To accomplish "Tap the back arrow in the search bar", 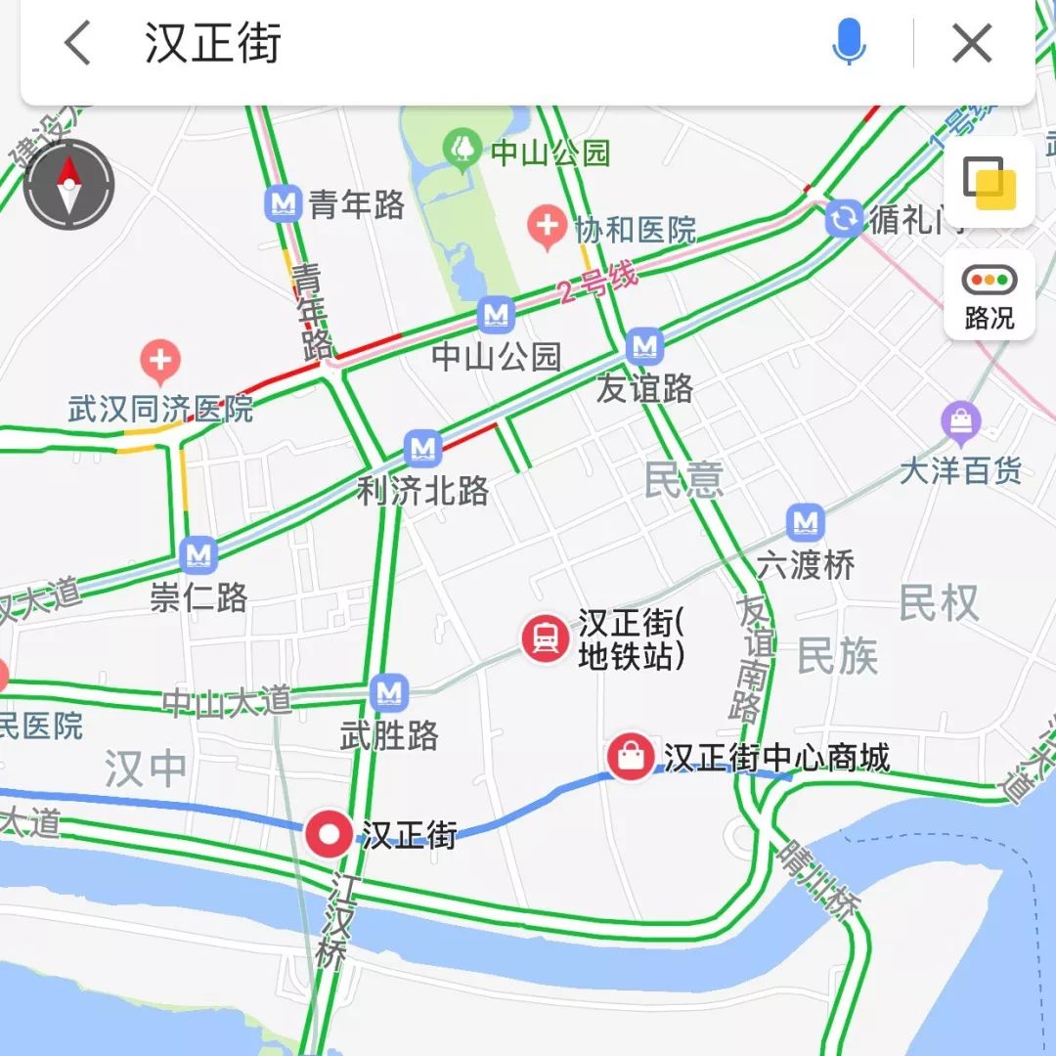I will (x=77, y=44).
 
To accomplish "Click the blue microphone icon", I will (x=849, y=42).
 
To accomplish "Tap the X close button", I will (x=972, y=44).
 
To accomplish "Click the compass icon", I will (x=68, y=185).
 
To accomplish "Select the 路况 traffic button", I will (x=990, y=294).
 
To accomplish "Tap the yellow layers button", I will (x=990, y=183).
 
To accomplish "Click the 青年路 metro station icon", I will (x=284, y=203).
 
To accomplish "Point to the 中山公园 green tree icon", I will (x=461, y=150).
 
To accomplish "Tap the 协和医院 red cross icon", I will (x=546, y=228).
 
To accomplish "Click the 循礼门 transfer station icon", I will (x=844, y=218).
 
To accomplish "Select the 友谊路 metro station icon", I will (x=644, y=345).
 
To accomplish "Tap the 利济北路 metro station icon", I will (x=422, y=449).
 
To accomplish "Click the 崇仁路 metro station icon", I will (x=198, y=554).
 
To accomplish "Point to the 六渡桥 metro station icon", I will (x=805, y=523).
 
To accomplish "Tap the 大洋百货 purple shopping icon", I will (x=961, y=422).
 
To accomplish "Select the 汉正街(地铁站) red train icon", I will (x=546, y=639).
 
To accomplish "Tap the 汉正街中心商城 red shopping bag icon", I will (x=632, y=756).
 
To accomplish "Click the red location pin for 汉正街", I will (x=330, y=835).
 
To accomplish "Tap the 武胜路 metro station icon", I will (x=389, y=693).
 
